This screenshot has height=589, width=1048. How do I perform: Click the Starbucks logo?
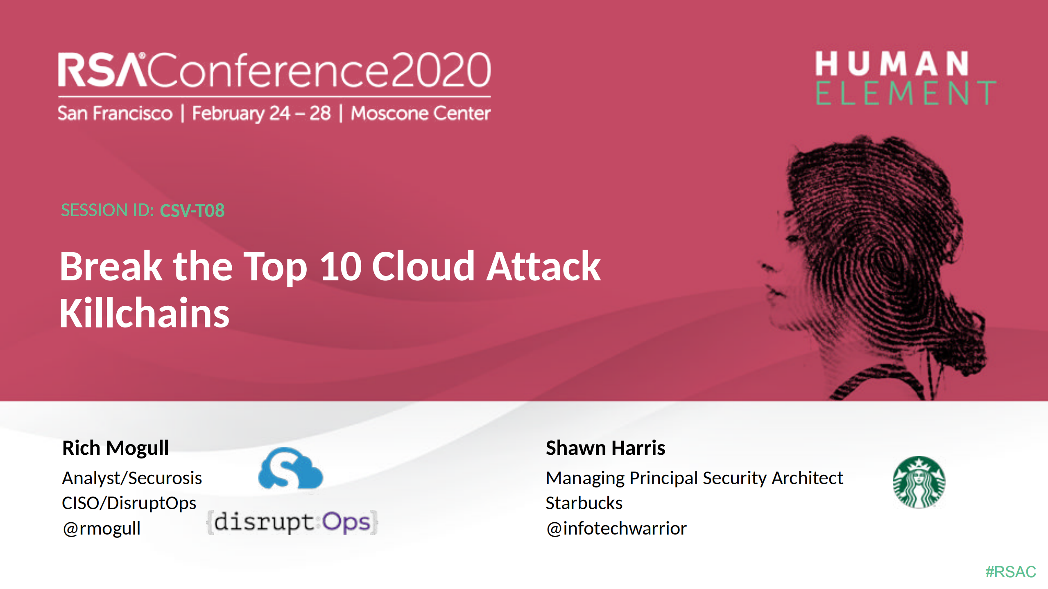(919, 482)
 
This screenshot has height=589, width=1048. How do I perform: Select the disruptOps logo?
(292, 522)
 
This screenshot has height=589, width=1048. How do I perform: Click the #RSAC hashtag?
(1010, 571)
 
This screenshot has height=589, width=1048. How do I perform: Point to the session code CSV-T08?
(192, 210)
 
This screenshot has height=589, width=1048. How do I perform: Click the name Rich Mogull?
(115, 448)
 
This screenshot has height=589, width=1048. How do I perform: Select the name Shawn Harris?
(605, 448)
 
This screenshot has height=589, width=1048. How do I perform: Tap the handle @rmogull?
(102, 528)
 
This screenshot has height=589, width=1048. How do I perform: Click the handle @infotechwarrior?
(616, 528)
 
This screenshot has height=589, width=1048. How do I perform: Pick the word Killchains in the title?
(145, 313)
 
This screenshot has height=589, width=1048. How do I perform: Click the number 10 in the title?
(341, 266)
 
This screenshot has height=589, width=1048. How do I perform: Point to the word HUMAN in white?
(892, 63)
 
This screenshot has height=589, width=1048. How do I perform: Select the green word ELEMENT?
(906, 93)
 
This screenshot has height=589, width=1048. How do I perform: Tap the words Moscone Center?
(421, 113)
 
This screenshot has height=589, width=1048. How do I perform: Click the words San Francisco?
(115, 113)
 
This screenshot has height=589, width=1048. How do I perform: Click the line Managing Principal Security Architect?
(695, 478)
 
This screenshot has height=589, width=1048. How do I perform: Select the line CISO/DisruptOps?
(129, 503)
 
